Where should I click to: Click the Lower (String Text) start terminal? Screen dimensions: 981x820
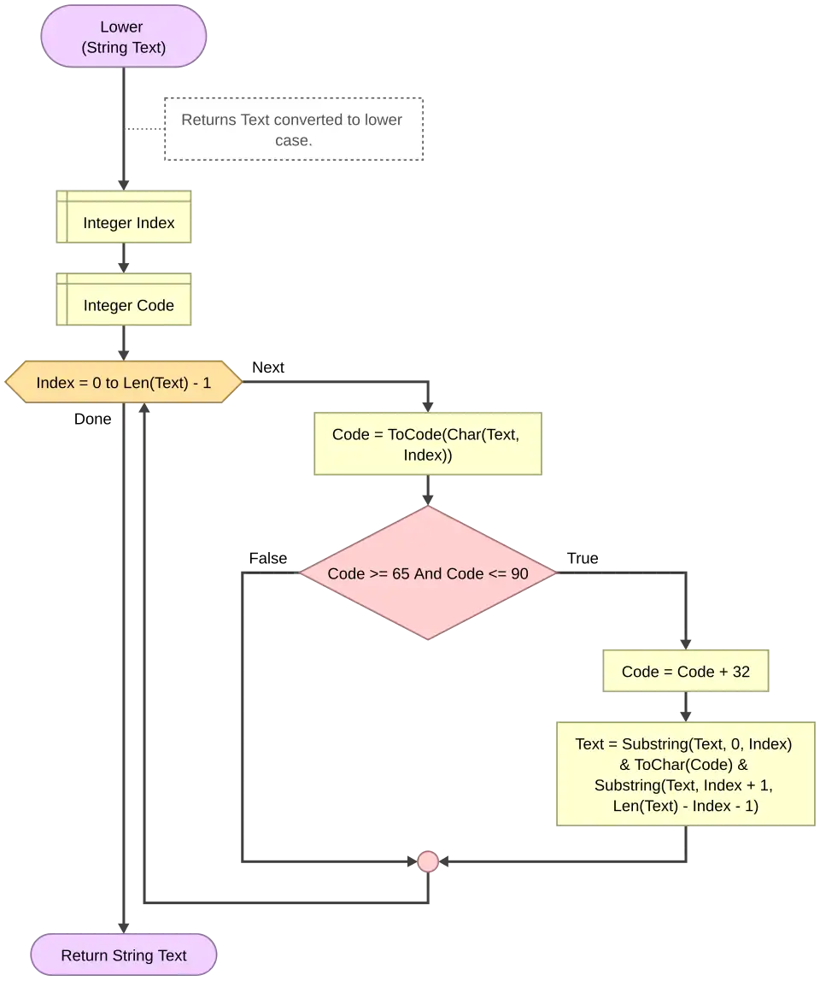click(124, 37)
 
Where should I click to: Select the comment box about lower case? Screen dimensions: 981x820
click(293, 130)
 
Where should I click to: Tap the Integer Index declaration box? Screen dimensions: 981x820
click(126, 217)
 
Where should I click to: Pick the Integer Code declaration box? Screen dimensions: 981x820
click(126, 299)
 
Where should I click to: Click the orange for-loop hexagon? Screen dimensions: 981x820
click(124, 383)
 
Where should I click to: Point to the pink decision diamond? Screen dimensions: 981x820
click(428, 573)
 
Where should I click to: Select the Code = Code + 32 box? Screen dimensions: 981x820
click(685, 672)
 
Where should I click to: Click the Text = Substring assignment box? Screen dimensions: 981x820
click(685, 774)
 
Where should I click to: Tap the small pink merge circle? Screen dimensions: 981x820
click(428, 861)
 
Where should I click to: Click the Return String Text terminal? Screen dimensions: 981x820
click(124, 955)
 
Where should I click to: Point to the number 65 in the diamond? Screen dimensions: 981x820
click(401, 573)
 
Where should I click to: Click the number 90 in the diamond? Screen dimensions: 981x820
click(519, 573)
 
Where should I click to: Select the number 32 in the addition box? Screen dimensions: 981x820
click(741, 672)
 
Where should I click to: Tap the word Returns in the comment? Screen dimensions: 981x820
click(208, 120)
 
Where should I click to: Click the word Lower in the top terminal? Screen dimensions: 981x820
click(121, 27)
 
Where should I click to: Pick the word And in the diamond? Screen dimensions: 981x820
click(428, 573)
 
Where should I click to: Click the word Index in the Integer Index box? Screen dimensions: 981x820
click(154, 223)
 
